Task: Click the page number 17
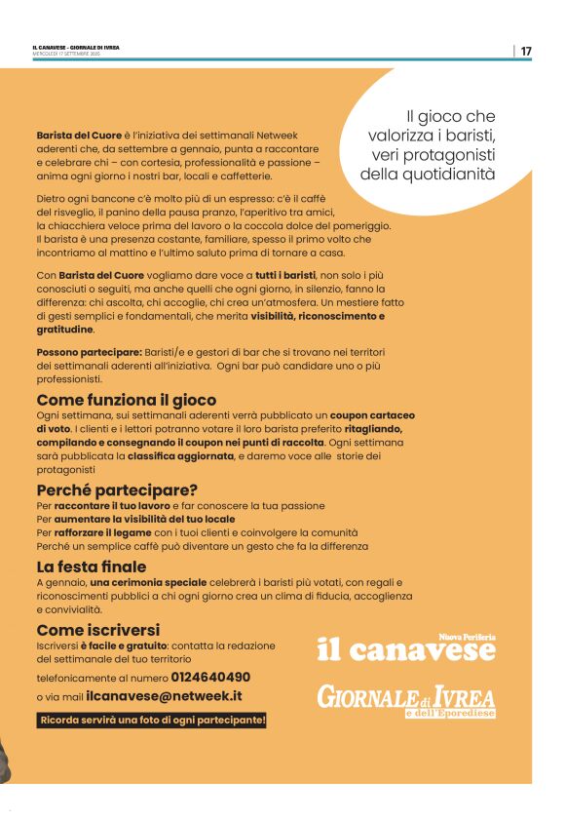coord(526,51)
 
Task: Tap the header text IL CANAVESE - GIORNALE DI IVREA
coord(77,47)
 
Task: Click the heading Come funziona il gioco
coord(127,400)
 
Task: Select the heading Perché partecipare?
coord(117,489)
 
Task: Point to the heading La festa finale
coord(92,567)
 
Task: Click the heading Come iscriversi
coord(98,630)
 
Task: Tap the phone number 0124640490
coord(210,676)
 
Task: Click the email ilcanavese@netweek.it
coord(164,696)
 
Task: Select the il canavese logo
coord(406,650)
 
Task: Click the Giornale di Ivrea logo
coord(406,700)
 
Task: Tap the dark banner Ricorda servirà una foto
coord(152,721)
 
